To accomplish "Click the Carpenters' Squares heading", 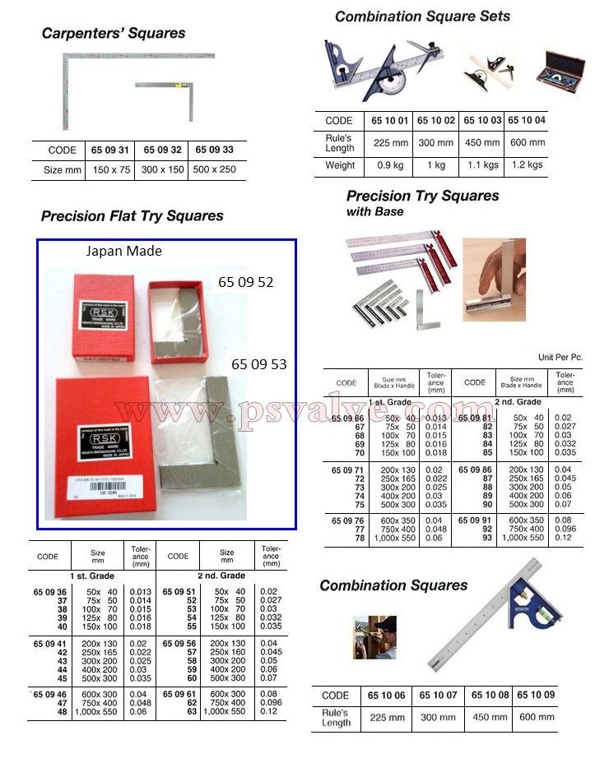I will pos(114,34).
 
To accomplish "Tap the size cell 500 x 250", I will pos(215,170).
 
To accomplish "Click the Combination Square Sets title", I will pos(422,16).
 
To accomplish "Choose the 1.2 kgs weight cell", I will pos(527,164).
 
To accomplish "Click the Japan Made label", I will pos(124,252).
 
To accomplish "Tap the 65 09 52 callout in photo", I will pos(245,282).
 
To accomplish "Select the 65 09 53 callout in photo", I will pos(258,363).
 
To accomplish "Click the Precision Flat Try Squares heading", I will pos(132,216).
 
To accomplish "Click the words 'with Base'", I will pos(374,212).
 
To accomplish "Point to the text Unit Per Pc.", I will pos(560,358).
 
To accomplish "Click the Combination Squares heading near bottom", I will pos(393,585).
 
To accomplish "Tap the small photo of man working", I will pos(374,636).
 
